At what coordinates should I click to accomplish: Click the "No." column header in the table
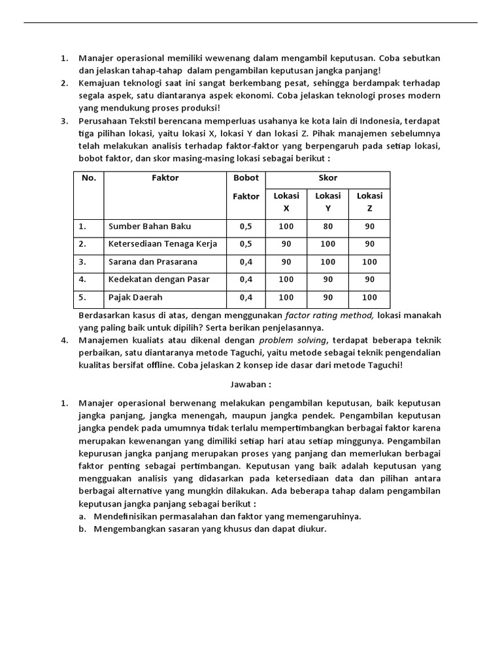(88, 178)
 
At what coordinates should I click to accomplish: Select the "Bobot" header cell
(246, 178)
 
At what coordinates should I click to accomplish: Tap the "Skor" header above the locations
(327, 178)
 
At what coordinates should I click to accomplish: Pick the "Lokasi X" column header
(286, 202)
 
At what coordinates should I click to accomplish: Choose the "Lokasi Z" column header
(369, 202)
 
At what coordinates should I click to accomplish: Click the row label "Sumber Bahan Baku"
(150, 226)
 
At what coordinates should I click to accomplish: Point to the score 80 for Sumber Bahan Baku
(328, 226)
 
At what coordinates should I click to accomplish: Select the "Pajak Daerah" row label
(135, 297)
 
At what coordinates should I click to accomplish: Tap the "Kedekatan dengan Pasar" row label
(159, 279)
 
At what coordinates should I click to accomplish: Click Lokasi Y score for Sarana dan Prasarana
(328, 262)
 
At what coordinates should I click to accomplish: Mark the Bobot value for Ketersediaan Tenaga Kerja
(246, 244)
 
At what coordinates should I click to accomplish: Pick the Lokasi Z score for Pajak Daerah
(369, 297)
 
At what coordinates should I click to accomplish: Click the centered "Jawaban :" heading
(250, 385)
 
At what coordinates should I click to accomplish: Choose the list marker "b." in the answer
(82, 529)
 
